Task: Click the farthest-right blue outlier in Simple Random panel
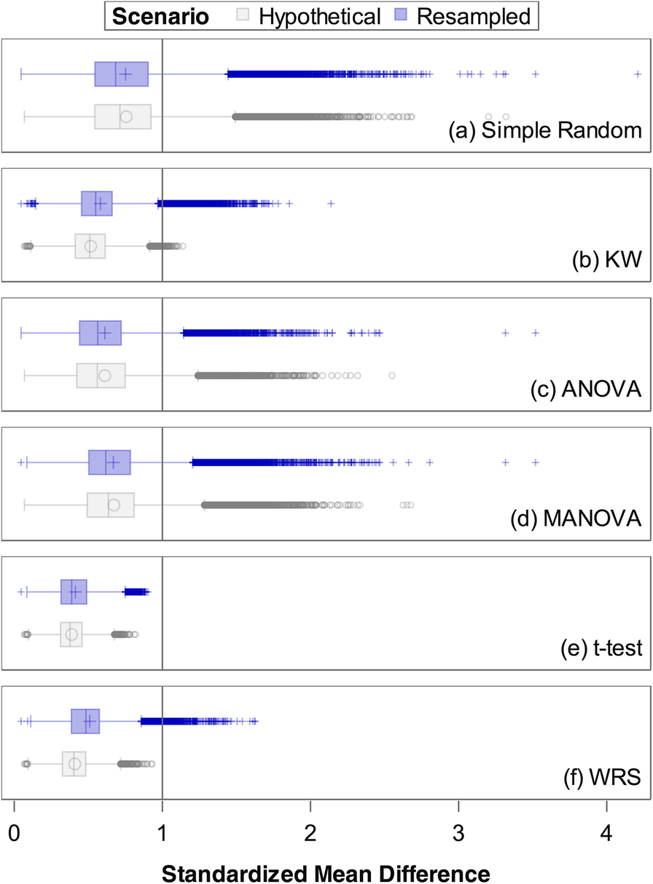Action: point(638,74)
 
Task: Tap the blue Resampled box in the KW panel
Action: point(97,203)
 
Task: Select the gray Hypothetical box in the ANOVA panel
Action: point(101,376)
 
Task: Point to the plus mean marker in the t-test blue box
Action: point(74,592)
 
